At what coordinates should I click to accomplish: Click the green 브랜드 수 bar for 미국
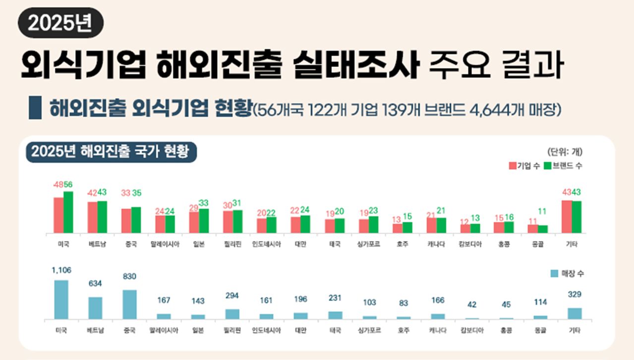(x=68, y=212)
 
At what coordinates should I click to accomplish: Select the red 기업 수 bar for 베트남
(x=92, y=217)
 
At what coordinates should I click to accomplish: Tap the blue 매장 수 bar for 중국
(x=130, y=304)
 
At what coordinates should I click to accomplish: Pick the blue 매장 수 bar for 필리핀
(x=232, y=314)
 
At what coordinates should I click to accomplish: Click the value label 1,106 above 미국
(x=61, y=270)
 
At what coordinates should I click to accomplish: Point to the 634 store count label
(x=95, y=283)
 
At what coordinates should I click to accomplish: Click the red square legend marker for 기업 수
(x=513, y=166)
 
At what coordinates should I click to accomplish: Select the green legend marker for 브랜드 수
(x=548, y=166)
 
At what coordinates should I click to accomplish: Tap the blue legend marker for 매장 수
(x=554, y=274)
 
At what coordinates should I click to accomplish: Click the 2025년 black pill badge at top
(x=60, y=24)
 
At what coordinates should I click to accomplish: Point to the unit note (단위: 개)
(x=565, y=152)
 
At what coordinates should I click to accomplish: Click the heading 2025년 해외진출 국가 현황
(x=111, y=152)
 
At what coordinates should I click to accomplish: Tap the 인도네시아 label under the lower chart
(x=266, y=330)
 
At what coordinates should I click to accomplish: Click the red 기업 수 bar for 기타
(x=567, y=217)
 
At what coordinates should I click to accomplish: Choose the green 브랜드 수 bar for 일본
(x=204, y=221)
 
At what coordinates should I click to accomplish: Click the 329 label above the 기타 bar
(x=575, y=295)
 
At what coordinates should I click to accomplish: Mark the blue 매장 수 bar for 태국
(x=335, y=315)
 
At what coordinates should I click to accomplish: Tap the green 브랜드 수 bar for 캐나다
(x=441, y=225)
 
